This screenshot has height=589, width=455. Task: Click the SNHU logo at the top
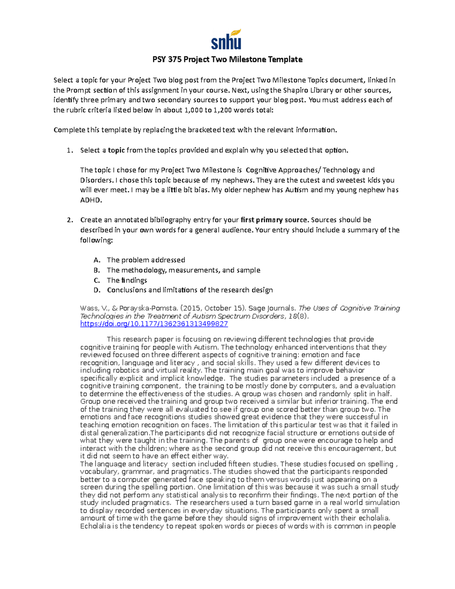226,39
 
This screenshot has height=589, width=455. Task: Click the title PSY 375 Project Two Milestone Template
227,60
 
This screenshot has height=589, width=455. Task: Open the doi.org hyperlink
154,324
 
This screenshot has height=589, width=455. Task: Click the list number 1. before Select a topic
69,150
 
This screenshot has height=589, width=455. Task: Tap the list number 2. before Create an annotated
69,220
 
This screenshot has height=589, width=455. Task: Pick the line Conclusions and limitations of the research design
190,290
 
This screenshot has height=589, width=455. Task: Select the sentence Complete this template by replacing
195,130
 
